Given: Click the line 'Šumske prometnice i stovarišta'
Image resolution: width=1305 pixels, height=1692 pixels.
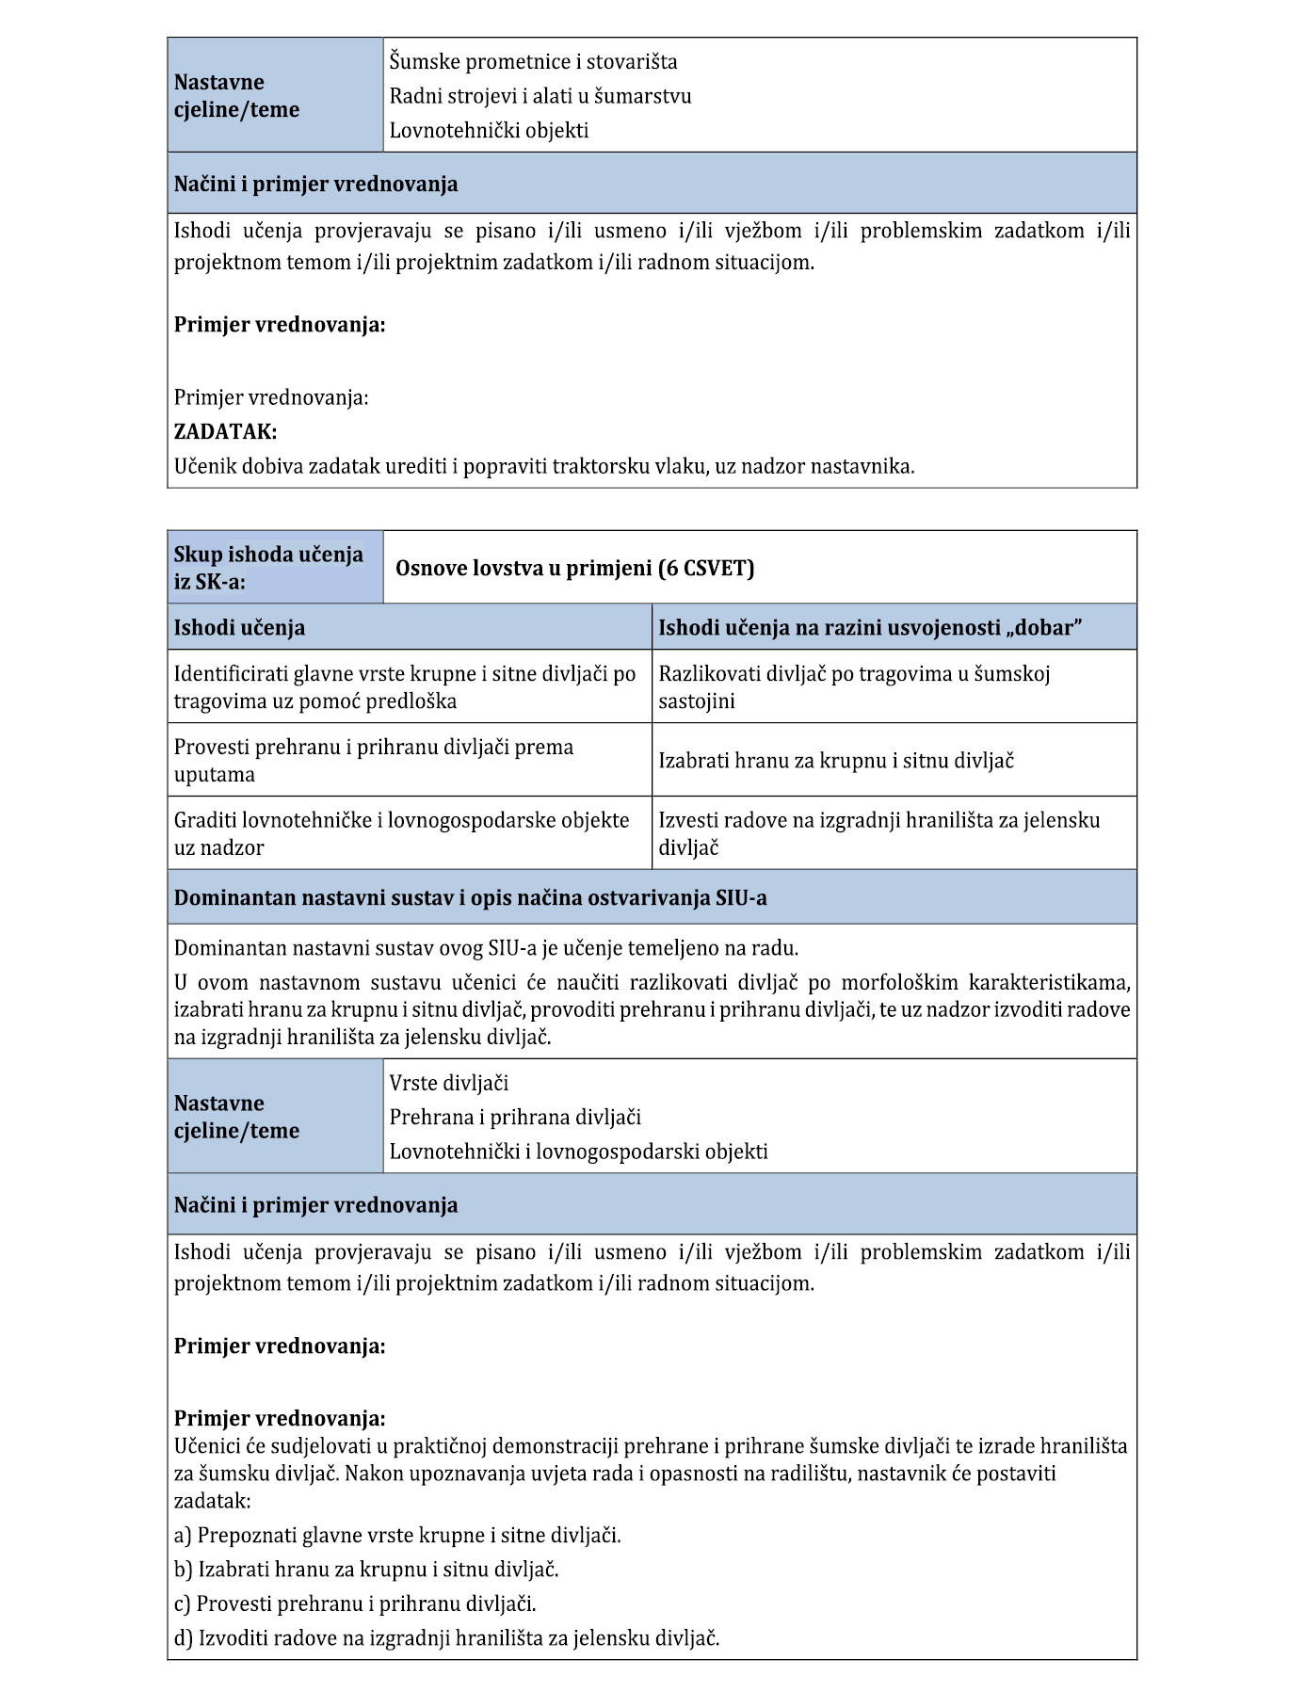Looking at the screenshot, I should (533, 62).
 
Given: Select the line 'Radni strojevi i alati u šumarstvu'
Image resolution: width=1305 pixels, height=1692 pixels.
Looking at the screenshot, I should (540, 96).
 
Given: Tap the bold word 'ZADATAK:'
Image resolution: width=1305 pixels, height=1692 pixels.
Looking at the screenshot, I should (225, 432).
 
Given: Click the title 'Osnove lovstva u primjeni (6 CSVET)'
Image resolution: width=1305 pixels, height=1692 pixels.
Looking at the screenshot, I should (574, 568).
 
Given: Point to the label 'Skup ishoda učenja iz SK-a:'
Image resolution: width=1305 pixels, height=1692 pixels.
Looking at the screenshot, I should (268, 568).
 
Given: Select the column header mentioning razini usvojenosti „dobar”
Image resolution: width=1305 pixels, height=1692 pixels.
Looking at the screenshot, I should (869, 628).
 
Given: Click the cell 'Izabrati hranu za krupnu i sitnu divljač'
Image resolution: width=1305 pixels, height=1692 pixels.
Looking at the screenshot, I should (835, 761).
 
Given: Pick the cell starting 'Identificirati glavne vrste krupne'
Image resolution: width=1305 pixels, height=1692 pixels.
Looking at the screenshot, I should (405, 687).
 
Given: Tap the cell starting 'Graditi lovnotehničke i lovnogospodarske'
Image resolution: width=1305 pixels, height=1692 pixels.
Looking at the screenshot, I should (401, 833).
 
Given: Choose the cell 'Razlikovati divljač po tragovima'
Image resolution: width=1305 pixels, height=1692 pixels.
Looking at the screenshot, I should (853, 687).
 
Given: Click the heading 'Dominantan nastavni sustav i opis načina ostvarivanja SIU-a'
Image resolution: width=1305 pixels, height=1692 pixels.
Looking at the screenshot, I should (470, 898).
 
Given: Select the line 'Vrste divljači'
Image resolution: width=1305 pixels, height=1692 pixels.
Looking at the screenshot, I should (449, 1084).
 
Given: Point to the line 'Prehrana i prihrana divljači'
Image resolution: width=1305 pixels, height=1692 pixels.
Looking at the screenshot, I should (515, 1118).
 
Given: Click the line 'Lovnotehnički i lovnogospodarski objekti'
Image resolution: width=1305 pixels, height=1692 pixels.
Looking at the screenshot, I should (578, 1152).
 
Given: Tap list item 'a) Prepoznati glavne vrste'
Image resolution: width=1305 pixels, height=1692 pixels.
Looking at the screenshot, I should (397, 1536).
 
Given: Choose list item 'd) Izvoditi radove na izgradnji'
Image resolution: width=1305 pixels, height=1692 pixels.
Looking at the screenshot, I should (446, 1638).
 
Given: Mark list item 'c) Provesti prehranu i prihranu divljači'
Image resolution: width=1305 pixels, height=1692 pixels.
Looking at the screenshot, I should (355, 1603).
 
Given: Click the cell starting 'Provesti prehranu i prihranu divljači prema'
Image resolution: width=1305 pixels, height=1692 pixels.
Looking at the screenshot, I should (374, 761).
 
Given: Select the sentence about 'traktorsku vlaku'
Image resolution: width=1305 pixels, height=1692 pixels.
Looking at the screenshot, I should (544, 466).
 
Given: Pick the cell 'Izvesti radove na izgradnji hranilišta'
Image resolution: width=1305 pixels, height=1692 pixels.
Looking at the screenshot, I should (878, 833).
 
